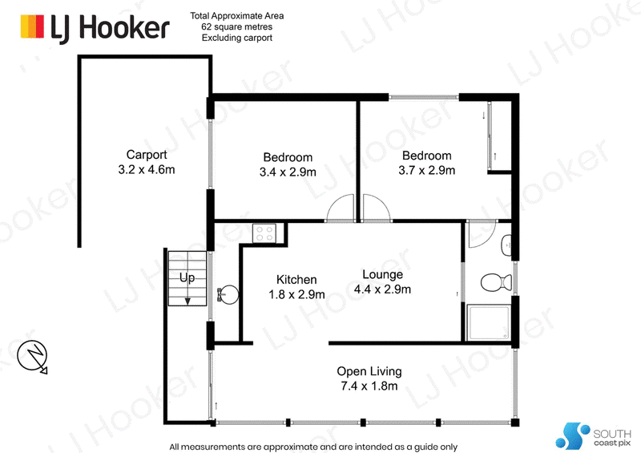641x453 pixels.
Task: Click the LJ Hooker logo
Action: (95, 28)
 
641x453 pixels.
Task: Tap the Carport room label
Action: (147, 155)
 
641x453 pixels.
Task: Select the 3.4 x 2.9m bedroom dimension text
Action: (288, 172)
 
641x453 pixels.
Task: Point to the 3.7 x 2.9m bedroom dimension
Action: (427, 170)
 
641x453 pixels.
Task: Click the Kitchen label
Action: (296, 280)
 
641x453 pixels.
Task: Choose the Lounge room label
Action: (383, 274)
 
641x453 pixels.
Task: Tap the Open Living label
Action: (369, 371)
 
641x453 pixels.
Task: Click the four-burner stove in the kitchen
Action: (264, 233)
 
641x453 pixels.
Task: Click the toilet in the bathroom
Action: (496, 282)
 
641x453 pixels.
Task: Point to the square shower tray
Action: (489, 322)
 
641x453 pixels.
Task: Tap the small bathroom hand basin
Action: (506, 245)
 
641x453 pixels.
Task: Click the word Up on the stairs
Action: (187, 278)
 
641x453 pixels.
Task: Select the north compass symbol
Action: (33, 356)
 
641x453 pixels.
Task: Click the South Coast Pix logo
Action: (593, 436)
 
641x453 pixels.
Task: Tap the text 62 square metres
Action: (236, 27)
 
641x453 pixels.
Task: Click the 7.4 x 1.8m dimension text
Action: (369, 386)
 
